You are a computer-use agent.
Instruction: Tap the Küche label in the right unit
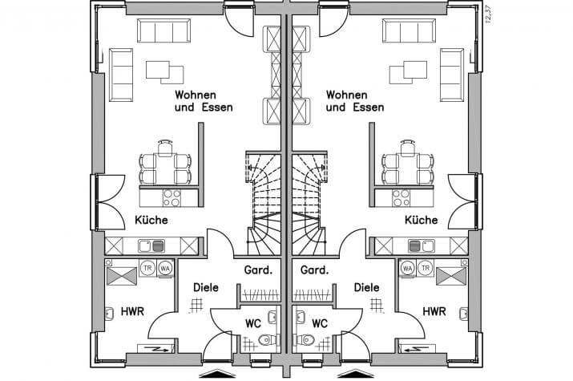coord(421,220)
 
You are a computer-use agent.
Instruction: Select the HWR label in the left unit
coord(133,311)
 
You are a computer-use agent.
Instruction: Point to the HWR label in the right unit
coord(434,311)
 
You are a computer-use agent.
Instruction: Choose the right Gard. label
coord(314,270)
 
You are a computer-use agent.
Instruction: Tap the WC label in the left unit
coord(252,324)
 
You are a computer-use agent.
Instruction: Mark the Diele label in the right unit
coord(365,286)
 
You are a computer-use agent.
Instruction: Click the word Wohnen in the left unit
coord(195,95)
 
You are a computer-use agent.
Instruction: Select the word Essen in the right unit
coord(368,107)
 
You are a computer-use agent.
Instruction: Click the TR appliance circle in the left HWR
coord(147,268)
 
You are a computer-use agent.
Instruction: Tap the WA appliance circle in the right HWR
coord(408,268)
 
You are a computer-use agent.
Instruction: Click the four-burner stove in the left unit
coord(172,197)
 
